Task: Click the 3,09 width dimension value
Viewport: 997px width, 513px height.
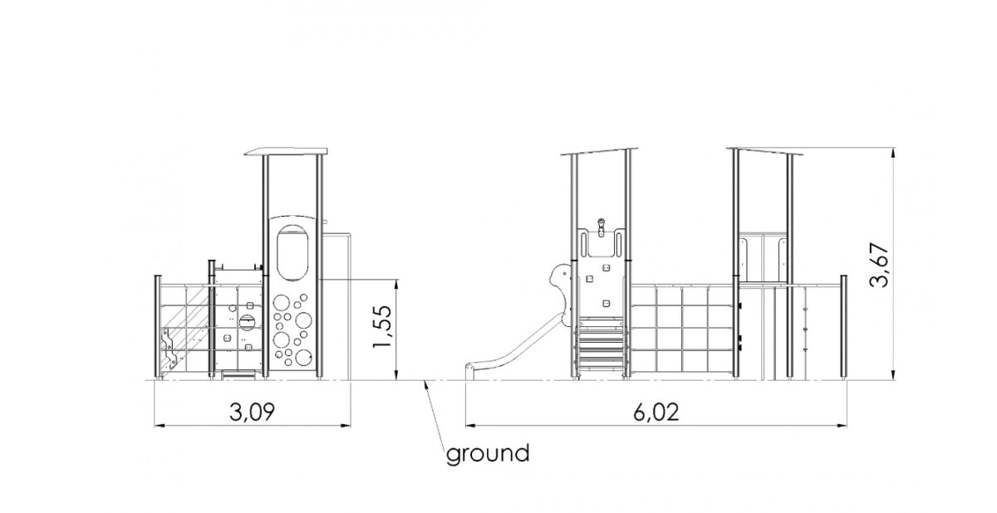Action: [x=252, y=412]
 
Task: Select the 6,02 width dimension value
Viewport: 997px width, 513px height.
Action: [x=656, y=413]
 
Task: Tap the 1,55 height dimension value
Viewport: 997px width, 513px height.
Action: [x=382, y=327]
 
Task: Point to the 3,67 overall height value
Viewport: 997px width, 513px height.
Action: [x=879, y=266]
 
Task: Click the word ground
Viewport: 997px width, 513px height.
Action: [x=488, y=454]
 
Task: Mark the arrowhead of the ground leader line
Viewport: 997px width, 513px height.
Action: [x=426, y=385]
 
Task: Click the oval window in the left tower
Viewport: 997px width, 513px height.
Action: [x=292, y=253]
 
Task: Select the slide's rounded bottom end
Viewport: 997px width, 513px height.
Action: [x=470, y=372]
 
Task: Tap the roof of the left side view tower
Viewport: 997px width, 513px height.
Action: [x=286, y=152]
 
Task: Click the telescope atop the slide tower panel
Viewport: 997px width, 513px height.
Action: [x=602, y=227]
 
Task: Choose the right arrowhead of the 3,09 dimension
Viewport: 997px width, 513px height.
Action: [x=346, y=426]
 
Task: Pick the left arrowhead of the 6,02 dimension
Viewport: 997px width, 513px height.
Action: [x=471, y=426]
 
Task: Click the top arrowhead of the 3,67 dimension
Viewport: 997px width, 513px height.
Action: [x=893, y=153]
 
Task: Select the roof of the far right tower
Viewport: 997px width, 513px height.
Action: [x=765, y=151]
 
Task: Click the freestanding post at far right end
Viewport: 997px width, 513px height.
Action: [x=843, y=328]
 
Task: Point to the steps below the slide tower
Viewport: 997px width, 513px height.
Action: [x=601, y=348]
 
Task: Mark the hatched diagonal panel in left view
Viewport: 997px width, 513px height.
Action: [x=184, y=328]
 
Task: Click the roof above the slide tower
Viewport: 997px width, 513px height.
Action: [x=599, y=151]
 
